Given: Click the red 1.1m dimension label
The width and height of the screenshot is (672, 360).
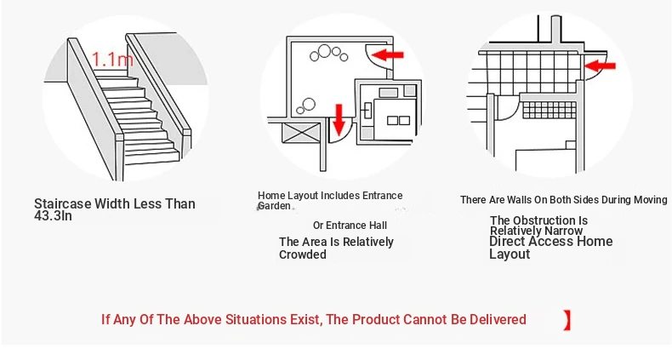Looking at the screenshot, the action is coord(113,59).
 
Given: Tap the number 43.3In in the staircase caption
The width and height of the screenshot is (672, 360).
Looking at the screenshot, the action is coord(53,215).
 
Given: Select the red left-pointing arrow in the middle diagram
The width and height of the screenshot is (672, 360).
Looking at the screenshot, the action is coord(388,54).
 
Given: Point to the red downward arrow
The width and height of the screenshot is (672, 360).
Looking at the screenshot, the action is coord(339,120).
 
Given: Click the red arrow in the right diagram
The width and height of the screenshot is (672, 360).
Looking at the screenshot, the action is coord(600,66).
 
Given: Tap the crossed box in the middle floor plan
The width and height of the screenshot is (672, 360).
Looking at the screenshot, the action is coord(302,133).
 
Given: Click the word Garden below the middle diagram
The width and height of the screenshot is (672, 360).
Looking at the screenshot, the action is coord(274,206).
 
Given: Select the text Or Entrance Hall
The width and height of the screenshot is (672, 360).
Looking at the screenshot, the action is coord(350,226).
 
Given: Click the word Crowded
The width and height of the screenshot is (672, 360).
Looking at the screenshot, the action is coord(303,254).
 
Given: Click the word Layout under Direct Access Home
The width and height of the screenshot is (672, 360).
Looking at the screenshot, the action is coord(510,254).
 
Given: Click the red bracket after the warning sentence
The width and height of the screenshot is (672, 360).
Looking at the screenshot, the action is coord(567,320).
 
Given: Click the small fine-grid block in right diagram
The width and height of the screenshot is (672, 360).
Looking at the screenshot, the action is coord(549,110).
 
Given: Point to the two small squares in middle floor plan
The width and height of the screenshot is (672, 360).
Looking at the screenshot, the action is coord(399,121).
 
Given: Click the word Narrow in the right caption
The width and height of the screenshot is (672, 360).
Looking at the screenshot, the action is coord(564,231).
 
